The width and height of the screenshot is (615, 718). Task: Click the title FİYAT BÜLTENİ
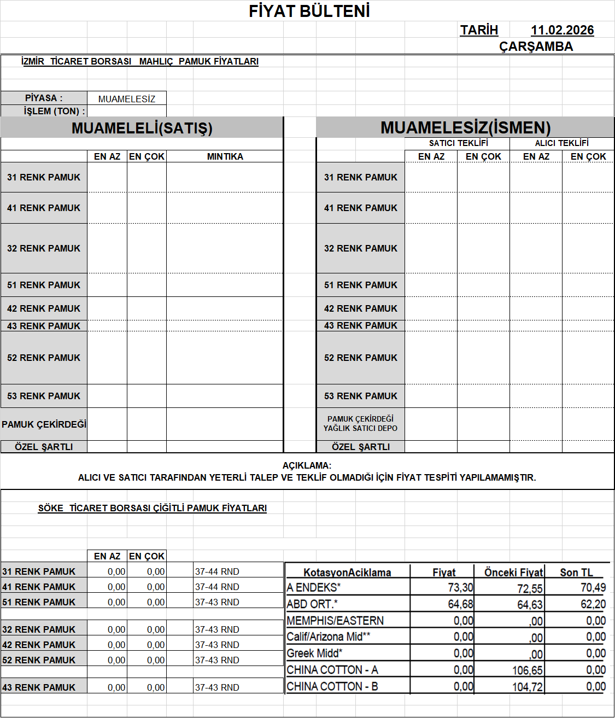pyautogui.click(x=309, y=11)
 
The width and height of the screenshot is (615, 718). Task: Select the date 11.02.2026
pyautogui.click(x=562, y=30)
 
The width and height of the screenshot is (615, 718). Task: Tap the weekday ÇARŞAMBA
pyautogui.click(x=536, y=46)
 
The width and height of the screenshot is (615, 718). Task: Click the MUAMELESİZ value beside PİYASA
pyautogui.click(x=127, y=99)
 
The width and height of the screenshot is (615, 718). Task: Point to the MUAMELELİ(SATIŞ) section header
pyautogui.click(x=142, y=128)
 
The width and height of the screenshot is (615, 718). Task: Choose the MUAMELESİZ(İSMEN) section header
pyautogui.click(x=465, y=127)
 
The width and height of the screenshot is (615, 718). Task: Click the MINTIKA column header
pyautogui.click(x=225, y=156)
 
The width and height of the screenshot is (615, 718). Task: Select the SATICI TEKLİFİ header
pyautogui.click(x=458, y=143)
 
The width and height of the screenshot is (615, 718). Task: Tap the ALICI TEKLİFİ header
pyautogui.click(x=561, y=143)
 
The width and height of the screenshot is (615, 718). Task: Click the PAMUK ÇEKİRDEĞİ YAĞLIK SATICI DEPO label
pyautogui.click(x=360, y=424)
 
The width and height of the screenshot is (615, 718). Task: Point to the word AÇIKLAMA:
pyautogui.click(x=307, y=465)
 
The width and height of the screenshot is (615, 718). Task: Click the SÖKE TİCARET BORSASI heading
pyautogui.click(x=152, y=508)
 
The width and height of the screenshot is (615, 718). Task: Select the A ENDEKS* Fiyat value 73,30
pyautogui.click(x=460, y=588)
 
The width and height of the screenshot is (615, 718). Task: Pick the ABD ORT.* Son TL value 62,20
pyautogui.click(x=593, y=604)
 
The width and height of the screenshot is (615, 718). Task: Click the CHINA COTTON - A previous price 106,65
pyautogui.click(x=528, y=670)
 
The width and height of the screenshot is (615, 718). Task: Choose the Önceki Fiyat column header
pyautogui.click(x=513, y=573)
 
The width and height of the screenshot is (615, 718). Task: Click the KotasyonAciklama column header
pyautogui.click(x=347, y=573)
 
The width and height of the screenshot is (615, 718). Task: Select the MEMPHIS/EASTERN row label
pyautogui.click(x=335, y=621)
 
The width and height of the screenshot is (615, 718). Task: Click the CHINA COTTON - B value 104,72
pyautogui.click(x=528, y=687)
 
